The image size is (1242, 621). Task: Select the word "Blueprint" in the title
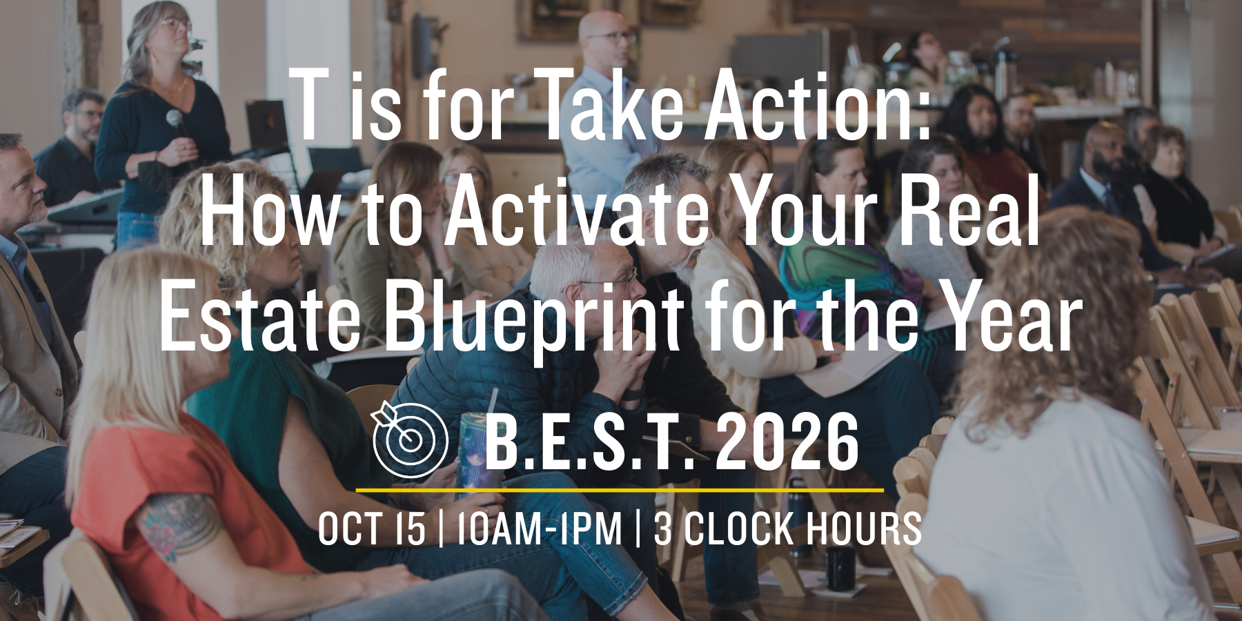pyautogui.click(x=534, y=319)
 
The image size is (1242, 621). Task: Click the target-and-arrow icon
pyautogui.click(x=410, y=440)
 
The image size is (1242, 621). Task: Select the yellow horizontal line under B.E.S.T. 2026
pyautogui.click(x=620, y=490)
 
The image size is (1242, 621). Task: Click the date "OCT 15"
pyautogui.click(x=372, y=529)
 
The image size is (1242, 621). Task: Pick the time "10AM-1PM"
pyautogui.click(x=540, y=529)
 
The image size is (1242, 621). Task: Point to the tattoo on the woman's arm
pyautogui.click(x=178, y=524)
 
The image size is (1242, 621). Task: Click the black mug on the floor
pyautogui.click(x=840, y=568)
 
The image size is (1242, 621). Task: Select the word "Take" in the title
pyautogui.click(x=607, y=106)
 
